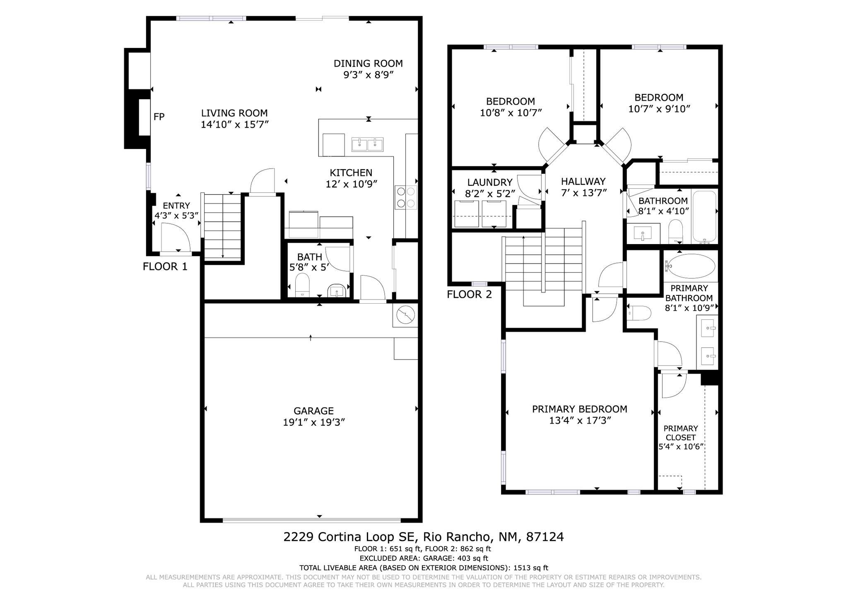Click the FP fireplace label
[x=159, y=117]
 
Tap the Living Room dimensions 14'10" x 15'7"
[x=235, y=125]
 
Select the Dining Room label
[x=368, y=63]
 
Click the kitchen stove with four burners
[x=405, y=197]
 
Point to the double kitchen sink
[x=368, y=145]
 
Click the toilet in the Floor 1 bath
[x=302, y=284]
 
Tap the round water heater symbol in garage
[x=405, y=316]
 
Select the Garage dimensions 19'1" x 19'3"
[x=313, y=422]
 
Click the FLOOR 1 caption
[x=165, y=266]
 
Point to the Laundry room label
[x=490, y=182]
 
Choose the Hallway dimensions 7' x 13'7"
[x=583, y=193]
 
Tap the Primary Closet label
[x=681, y=433]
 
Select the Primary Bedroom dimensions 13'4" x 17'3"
[x=580, y=421]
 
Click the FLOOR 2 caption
[x=469, y=295]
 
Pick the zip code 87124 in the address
[x=544, y=537]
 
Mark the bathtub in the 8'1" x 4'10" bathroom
[x=704, y=216]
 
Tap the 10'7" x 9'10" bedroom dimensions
[x=659, y=109]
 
